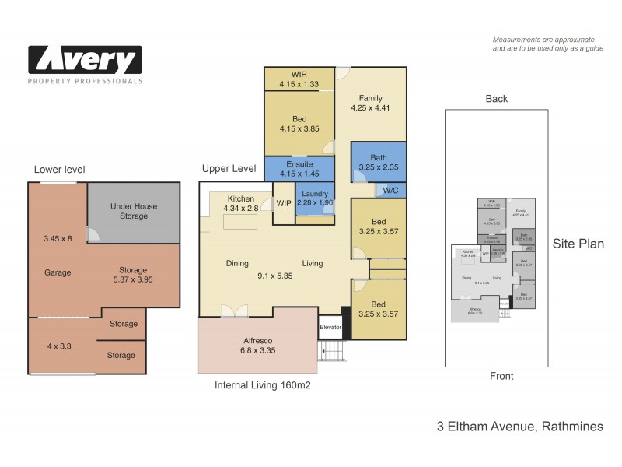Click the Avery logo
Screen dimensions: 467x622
point(86,61)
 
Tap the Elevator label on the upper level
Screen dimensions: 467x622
point(331,328)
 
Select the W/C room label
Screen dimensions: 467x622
point(390,190)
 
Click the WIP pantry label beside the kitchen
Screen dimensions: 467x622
point(284,203)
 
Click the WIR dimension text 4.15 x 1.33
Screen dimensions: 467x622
point(299,85)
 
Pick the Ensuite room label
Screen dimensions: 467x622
point(299,164)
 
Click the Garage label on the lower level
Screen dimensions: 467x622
point(58,272)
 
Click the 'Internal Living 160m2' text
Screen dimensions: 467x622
point(264,384)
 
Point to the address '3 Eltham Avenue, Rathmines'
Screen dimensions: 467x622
point(519,427)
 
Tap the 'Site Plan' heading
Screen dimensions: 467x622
point(578,244)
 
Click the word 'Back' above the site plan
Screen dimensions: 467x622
point(496,99)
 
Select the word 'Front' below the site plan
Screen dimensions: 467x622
point(501,377)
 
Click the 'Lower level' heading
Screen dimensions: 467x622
point(60,170)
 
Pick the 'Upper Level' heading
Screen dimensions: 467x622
point(229,168)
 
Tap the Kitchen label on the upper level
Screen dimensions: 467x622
point(241,198)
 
